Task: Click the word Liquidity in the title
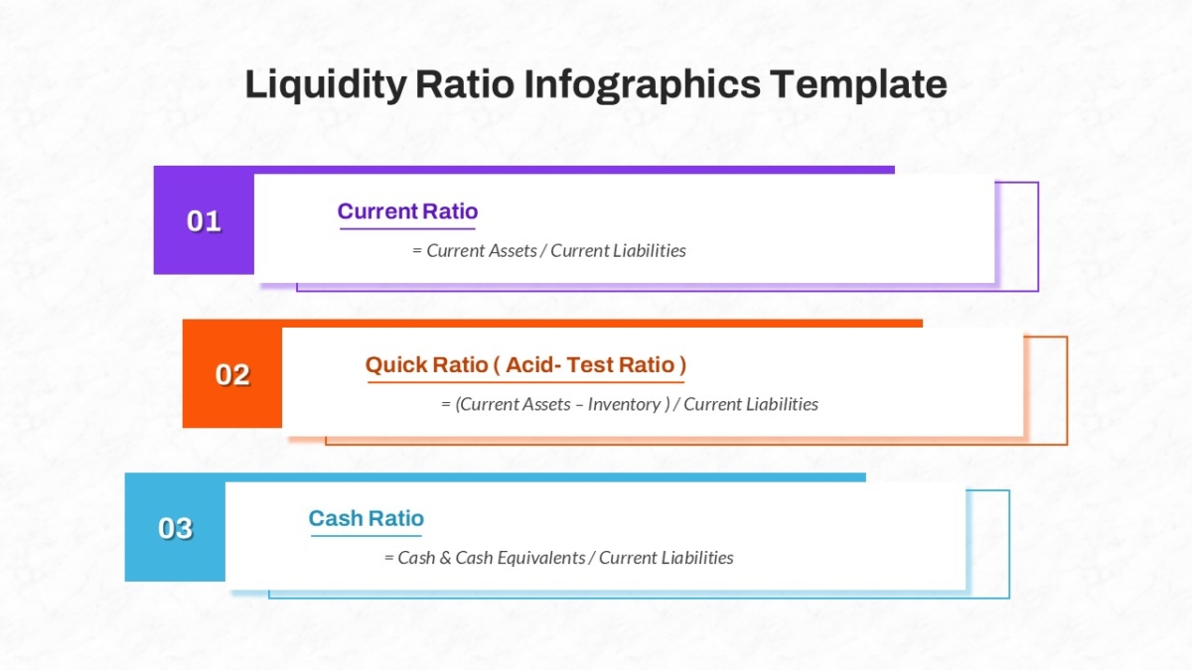326,85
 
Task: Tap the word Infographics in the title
643,85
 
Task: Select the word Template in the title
859,84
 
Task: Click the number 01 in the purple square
204,221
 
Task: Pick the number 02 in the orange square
232,375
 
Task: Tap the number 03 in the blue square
175,528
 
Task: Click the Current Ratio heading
407,211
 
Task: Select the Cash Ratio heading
367,518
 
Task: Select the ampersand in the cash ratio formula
445,558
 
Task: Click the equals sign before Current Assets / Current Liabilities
417,251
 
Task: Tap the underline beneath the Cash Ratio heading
367,535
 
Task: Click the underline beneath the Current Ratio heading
407,228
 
